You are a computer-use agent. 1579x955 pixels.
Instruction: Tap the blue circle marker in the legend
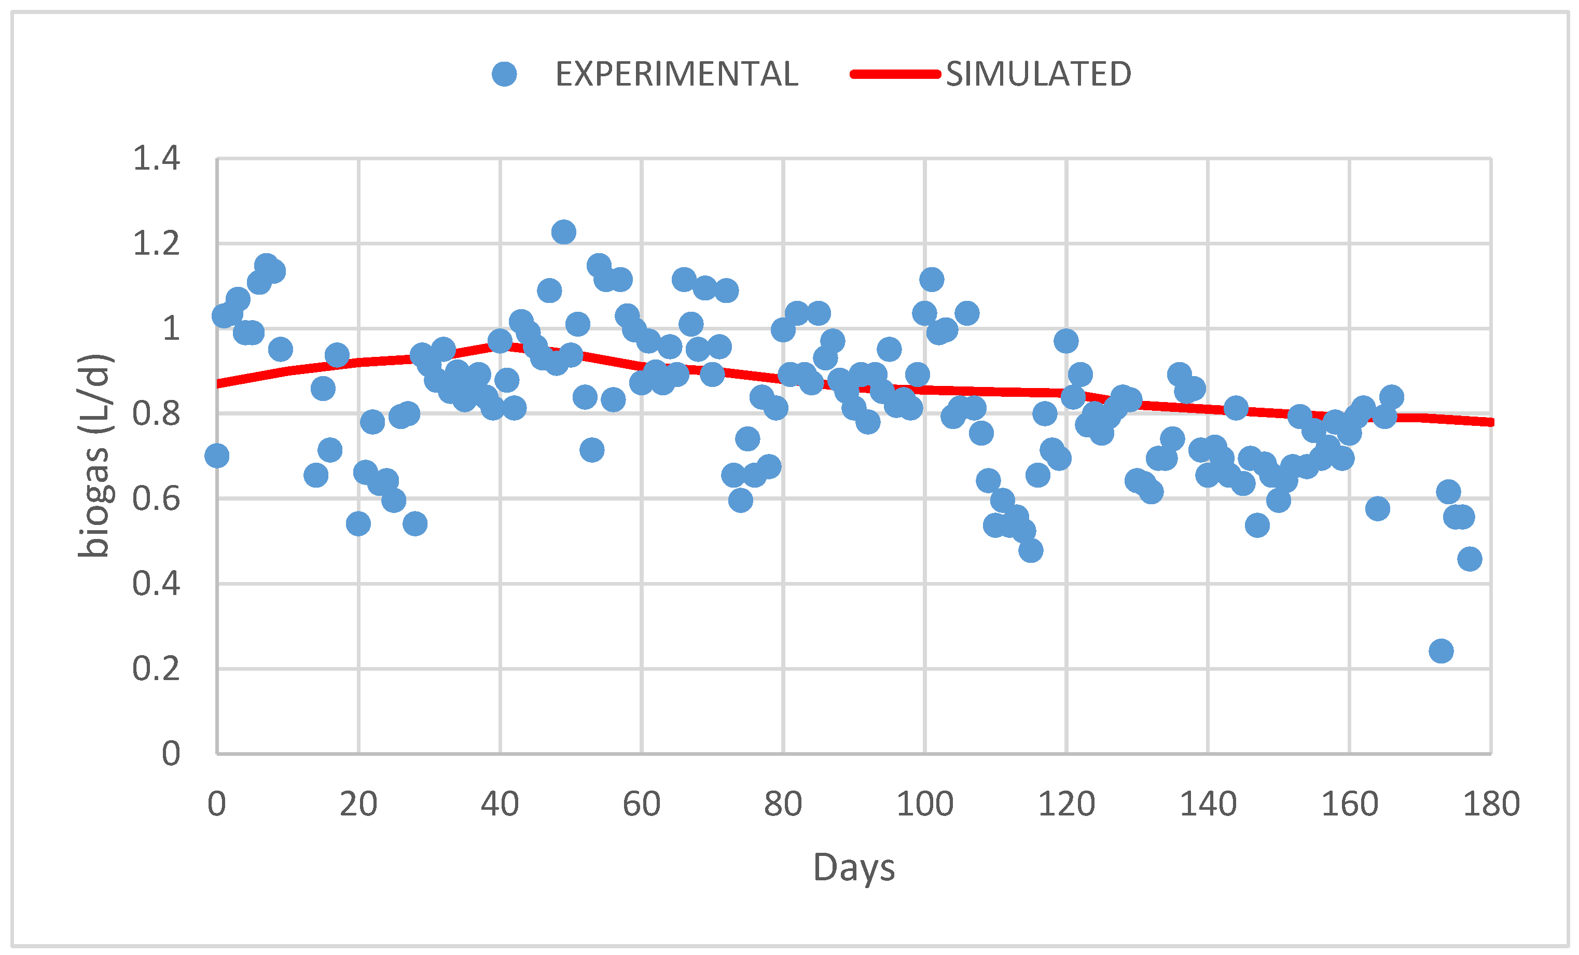point(504,74)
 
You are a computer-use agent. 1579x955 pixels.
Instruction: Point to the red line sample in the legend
point(895,74)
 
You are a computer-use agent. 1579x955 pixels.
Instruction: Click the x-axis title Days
point(854,868)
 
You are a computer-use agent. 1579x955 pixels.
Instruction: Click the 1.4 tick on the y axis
point(156,158)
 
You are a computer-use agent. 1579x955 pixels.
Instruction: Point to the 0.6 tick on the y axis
point(156,499)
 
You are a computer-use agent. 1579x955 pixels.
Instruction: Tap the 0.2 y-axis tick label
point(156,669)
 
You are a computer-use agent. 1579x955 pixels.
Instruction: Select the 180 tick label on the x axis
point(1491,804)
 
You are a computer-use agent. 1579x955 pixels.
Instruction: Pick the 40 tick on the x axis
point(500,804)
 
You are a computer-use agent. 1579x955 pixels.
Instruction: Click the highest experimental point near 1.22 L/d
point(563,232)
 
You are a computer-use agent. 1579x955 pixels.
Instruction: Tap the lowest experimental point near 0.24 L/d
point(1441,651)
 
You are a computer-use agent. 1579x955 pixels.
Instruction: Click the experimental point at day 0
point(217,455)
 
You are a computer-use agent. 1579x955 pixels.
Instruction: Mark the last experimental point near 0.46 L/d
point(1470,559)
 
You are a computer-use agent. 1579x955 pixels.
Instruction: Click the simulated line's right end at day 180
point(1491,422)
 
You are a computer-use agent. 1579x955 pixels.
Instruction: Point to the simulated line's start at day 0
point(218,384)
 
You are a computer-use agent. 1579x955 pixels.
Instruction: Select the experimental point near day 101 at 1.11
point(931,280)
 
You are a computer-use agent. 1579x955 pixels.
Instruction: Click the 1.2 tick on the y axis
point(156,244)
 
